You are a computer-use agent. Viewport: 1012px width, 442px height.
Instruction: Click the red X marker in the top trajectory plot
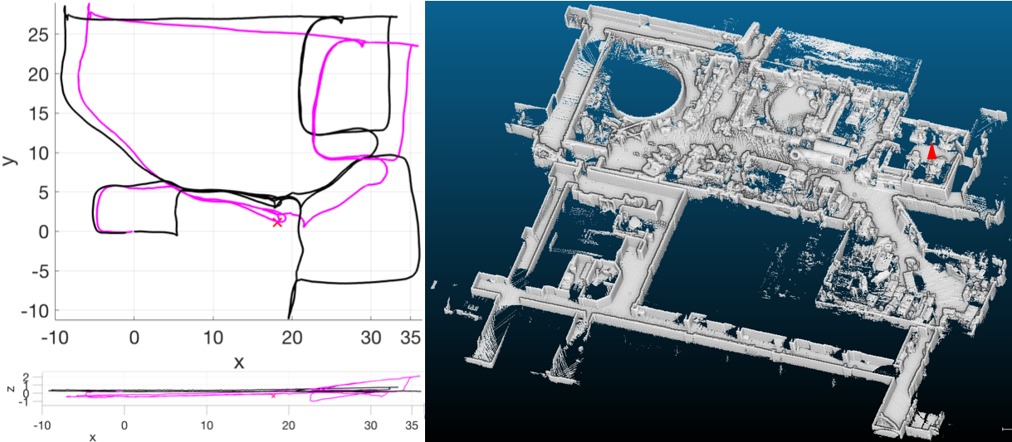pyautogui.click(x=277, y=222)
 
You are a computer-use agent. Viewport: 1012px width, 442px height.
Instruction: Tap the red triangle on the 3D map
pyautogui.click(x=931, y=152)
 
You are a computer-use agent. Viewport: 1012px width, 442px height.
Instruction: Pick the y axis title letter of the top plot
pyautogui.click(x=11, y=158)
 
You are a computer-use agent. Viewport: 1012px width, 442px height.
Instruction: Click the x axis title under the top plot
pyautogui.click(x=239, y=362)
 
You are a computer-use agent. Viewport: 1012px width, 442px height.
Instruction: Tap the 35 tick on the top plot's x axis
pyautogui.click(x=410, y=338)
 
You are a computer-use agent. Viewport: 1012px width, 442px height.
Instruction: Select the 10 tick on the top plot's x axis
pyautogui.click(x=213, y=338)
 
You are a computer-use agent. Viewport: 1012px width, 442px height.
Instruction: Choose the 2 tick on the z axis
pyautogui.click(x=26, y=377)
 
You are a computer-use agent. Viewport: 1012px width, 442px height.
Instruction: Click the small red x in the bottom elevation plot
pyautogui.click(x=273, y=396)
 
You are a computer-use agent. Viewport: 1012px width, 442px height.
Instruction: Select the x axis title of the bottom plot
pyautogui.click(x=93, y=436)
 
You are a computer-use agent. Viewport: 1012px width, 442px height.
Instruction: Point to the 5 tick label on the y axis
pyautogui.click(x=38, y=192)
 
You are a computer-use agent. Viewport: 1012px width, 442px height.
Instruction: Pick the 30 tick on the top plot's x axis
pyautogui.click(x=371, y=338)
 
